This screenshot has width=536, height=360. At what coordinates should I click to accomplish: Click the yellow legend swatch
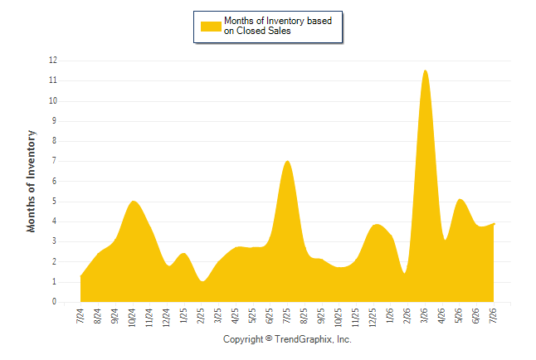pyautogui.click(x=211, y=27)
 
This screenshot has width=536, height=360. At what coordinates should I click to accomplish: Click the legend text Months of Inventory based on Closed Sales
pyautogui.click(x=278, y=26)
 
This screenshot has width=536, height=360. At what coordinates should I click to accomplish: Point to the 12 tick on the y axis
pyautogui.click(x=53, y=61)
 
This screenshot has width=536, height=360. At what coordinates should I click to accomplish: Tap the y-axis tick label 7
pyautogui.click(x=54, y=161)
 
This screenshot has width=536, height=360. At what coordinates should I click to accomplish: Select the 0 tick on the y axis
pyautogui.click(x=54, y=302)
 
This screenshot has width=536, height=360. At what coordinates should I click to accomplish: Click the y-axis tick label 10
pyautogui.click(x=53, y=100)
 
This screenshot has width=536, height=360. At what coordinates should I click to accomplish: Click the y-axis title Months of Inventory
pyautogui.click(x=31, y=181)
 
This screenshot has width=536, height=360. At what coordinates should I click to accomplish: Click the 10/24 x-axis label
pyautogui.click(x=132, y=318)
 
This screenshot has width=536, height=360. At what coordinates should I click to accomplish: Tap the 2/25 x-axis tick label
pyautogui.click(x=201, y=315)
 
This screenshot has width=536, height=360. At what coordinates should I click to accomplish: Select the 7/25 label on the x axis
pyautogui.click(x=287, y=315)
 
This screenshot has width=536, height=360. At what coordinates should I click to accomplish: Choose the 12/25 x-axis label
pyautogui.click(x=373, y=318)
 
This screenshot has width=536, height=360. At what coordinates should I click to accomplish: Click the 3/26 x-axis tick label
pyautogui.click(x=425, y=315)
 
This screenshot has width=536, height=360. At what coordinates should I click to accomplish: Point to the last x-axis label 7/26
pyautogui.click(x=494, y=315)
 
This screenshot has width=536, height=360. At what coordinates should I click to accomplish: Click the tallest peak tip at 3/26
pyautogui.click(x=425, y=71)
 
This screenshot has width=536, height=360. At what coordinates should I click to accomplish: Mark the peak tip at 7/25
pyautogui.click(x=287, y=161)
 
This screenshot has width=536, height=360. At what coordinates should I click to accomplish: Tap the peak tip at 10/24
pyautogui.click(x=133, y=201)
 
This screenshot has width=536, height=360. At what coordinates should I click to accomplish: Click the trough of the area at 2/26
pyautogui.click(x=405, y=273)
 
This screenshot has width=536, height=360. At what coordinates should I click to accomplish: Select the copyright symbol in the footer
pyautogui.click(x=269, y=338)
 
